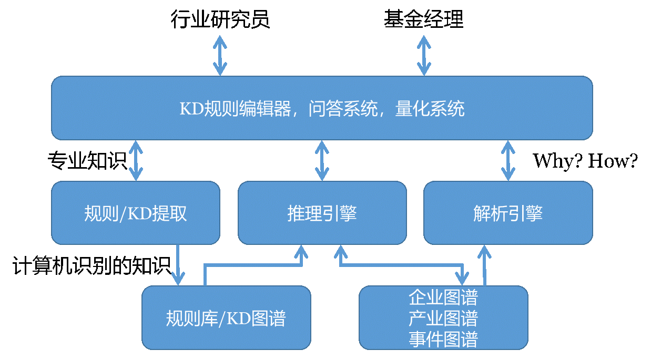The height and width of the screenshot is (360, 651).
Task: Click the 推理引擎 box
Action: [x=322, y=213]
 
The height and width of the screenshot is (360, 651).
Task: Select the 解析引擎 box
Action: [x=508, y=213]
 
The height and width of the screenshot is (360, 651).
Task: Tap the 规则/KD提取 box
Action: [x=136, y=213]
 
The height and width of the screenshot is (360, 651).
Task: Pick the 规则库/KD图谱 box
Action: [x=226, y=317]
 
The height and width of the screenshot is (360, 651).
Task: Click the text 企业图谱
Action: [x=443, y=297]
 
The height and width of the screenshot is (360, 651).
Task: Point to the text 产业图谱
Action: [x=443, y=318]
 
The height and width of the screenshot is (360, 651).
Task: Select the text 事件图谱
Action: [x=443, y=339]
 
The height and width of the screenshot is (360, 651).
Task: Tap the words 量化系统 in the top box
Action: [x=430, y=109]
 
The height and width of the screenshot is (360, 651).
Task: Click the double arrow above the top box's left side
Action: [x=220, y=55]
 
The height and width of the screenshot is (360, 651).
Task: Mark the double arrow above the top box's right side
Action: [x=424, y=55]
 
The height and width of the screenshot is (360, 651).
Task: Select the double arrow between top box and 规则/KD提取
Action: [x=136, y=160]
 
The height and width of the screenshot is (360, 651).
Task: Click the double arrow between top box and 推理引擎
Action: [x=322, y=160]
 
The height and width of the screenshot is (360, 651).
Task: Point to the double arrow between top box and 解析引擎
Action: [x=508, y=160]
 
